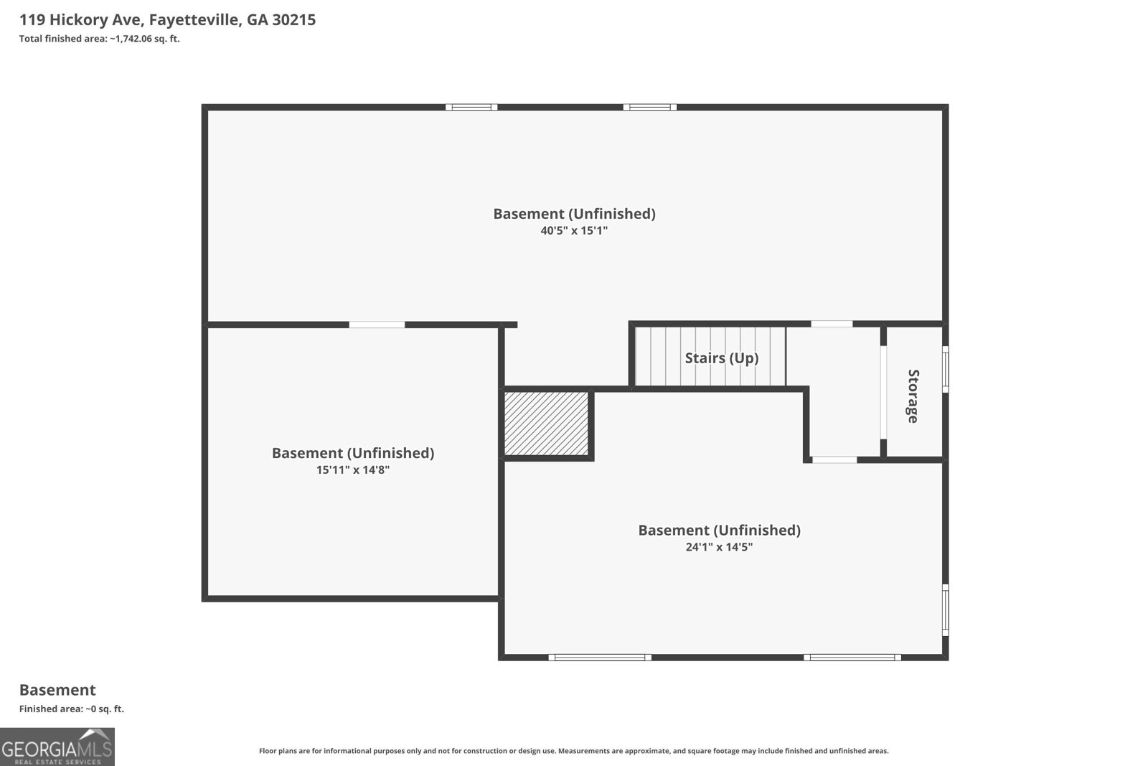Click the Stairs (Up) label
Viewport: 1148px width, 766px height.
(722, 358)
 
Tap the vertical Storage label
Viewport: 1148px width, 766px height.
(913, 396)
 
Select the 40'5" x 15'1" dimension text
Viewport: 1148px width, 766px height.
(574, 230)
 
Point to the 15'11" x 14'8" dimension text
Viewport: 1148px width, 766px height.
(352, 470)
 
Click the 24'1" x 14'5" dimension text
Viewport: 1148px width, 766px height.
(719, 546)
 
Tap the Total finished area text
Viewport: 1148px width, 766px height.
(100, 39)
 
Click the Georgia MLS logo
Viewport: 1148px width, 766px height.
(57, 747)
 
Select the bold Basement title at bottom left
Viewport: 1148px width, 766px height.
(57, 690)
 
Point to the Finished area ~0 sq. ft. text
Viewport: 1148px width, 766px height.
(72, 709)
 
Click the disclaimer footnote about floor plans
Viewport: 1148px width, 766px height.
(573, 751)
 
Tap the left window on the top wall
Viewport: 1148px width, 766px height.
(471, 107)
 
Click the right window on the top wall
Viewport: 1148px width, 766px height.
(650, 107)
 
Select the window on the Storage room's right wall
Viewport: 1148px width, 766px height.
(946, 369)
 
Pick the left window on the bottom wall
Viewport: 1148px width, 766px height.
(600, 658)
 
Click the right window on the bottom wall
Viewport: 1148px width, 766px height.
(852, 658)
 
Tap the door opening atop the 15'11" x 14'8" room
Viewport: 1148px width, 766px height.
(377, 324)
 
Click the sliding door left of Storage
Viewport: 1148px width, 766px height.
(883, 392)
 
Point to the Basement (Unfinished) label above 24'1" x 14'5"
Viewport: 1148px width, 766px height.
(719, 530)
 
